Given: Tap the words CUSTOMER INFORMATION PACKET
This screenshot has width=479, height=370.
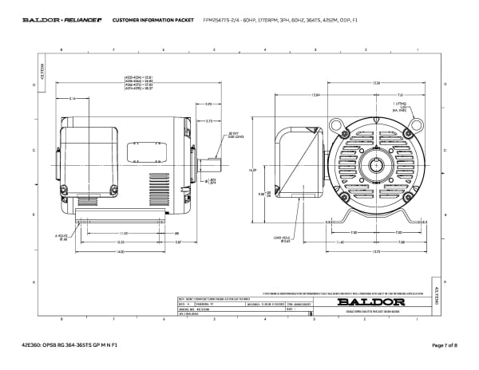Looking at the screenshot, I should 142,19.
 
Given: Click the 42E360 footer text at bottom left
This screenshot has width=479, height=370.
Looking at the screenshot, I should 69,345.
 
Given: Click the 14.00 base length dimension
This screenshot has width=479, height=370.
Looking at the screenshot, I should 120,252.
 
